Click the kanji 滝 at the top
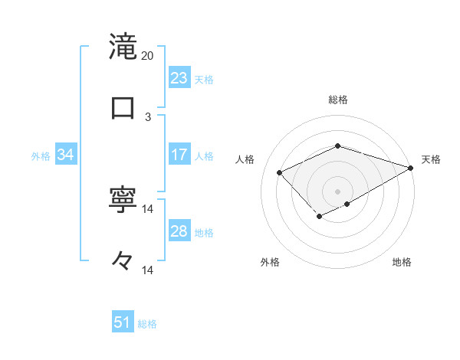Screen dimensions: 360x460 123,46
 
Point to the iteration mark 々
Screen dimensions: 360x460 123,262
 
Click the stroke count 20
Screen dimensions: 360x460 148,56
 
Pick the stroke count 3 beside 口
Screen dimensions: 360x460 148,117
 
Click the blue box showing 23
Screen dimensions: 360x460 179,78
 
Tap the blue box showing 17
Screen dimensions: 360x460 179,155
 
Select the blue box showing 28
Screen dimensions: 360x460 179,231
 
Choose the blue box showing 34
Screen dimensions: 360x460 66,155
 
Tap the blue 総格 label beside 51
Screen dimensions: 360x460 147,324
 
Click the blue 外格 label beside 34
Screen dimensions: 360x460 41,156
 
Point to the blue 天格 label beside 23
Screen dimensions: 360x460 204,80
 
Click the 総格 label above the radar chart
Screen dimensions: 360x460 338,100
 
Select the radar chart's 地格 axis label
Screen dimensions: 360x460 402,263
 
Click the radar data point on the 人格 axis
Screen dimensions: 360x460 280,173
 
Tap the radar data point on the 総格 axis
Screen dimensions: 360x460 338,146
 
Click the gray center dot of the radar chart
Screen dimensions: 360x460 338,191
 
